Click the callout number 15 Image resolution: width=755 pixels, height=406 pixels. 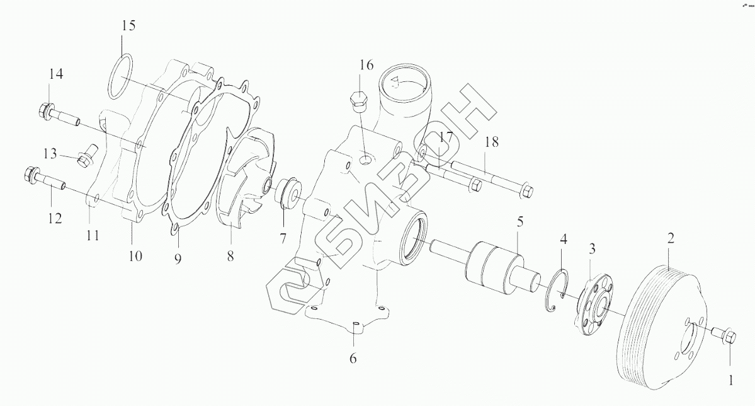tap(128, 26)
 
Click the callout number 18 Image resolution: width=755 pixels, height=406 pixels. tap(491, 142)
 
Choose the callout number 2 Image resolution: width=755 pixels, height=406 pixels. tap(671, 238)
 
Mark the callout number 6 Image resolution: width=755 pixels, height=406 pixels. tap(353, 359)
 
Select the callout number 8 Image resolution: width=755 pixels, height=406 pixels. tap(230, 256)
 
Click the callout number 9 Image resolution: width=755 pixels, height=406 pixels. tap(178, 258)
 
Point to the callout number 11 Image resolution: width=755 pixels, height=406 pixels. tap(93, 236)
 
